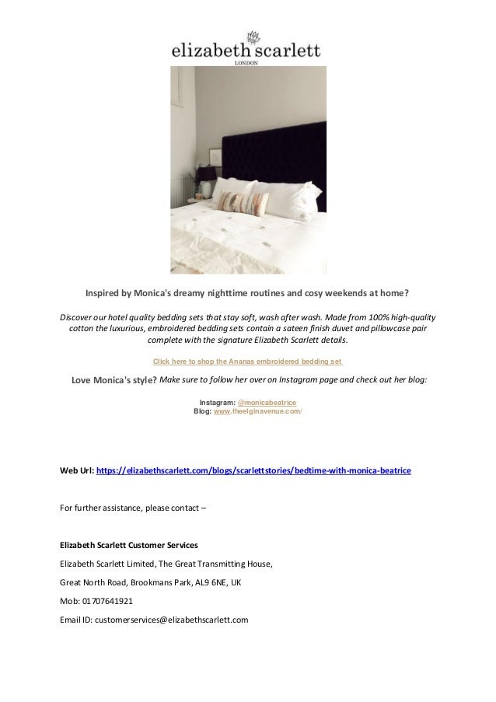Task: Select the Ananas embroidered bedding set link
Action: pos(248,361)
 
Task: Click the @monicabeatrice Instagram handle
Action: pos(266,403)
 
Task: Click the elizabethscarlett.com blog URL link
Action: pos(253,471)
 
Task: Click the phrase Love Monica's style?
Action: pos(114,380)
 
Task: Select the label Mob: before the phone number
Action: pos(71,600)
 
